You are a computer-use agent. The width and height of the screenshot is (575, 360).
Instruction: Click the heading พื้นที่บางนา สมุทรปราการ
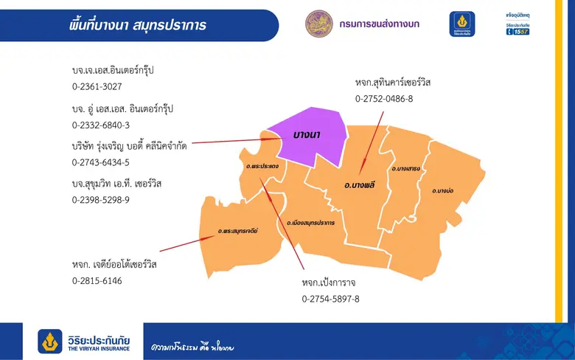[x=135, y=25]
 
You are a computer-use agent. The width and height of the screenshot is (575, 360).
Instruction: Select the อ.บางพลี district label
[x=360, y=184]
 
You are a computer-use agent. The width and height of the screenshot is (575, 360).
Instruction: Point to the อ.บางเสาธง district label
[x=405, y=169]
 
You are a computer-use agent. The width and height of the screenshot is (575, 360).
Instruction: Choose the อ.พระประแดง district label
[x=262, y=167]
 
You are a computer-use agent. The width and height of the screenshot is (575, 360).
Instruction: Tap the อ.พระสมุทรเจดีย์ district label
[x=237, y=232]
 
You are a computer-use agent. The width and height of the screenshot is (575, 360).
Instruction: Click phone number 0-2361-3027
[x=97, y=86]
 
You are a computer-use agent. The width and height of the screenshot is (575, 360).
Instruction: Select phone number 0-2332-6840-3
[x=100, y=125]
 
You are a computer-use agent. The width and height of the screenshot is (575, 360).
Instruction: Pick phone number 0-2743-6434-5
[x=100, y=162]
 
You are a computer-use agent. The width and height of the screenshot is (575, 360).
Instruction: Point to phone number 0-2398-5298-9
[x=100, y=200]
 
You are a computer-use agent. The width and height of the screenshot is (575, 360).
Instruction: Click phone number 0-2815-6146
[x=97, y=281]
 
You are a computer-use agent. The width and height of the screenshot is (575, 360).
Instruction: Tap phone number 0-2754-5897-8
[x=330, y=299]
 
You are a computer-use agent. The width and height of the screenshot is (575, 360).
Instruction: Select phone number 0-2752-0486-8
[x=383, y=98]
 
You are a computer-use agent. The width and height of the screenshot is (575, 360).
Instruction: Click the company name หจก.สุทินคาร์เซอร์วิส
[x=392, y=82]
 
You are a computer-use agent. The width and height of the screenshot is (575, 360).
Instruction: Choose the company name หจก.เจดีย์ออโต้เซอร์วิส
[x=114, y=264]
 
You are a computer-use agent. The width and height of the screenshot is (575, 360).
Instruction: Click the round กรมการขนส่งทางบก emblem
[x=320, y=24]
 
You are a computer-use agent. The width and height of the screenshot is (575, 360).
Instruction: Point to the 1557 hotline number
[x=523, y=32]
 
